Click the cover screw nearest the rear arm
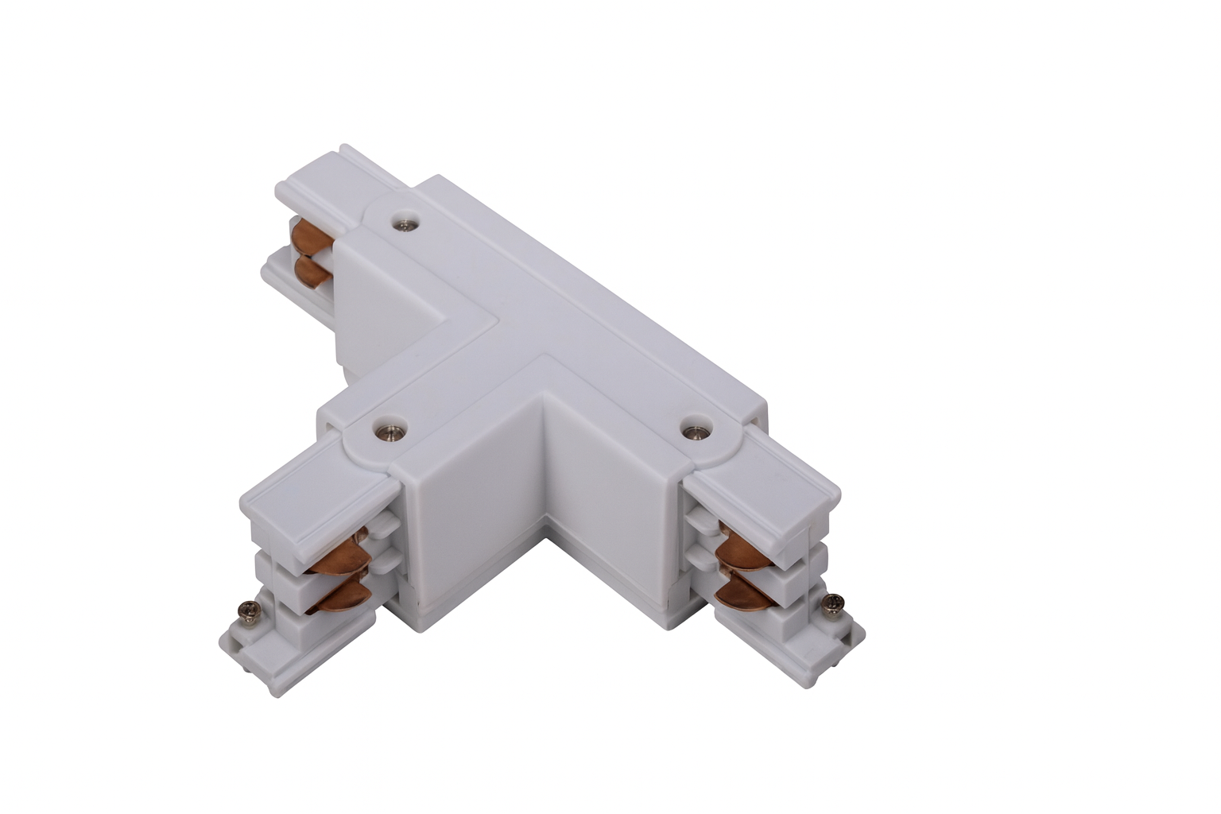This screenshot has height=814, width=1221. pos(408,224)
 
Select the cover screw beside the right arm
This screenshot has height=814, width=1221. pos(696,429)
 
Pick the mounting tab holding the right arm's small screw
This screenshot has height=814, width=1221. pos(835,628)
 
